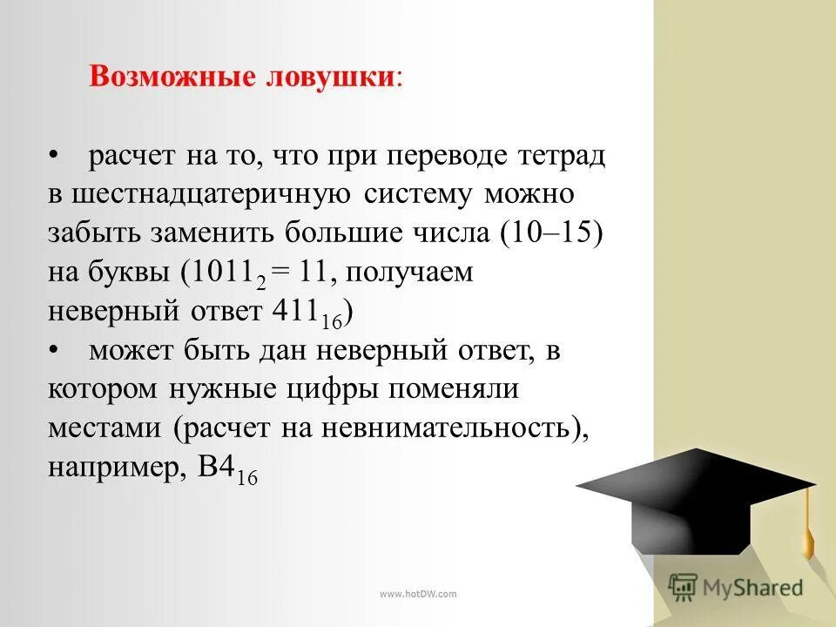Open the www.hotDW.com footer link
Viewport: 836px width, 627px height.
pyautogui.click(x=418, y=594)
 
